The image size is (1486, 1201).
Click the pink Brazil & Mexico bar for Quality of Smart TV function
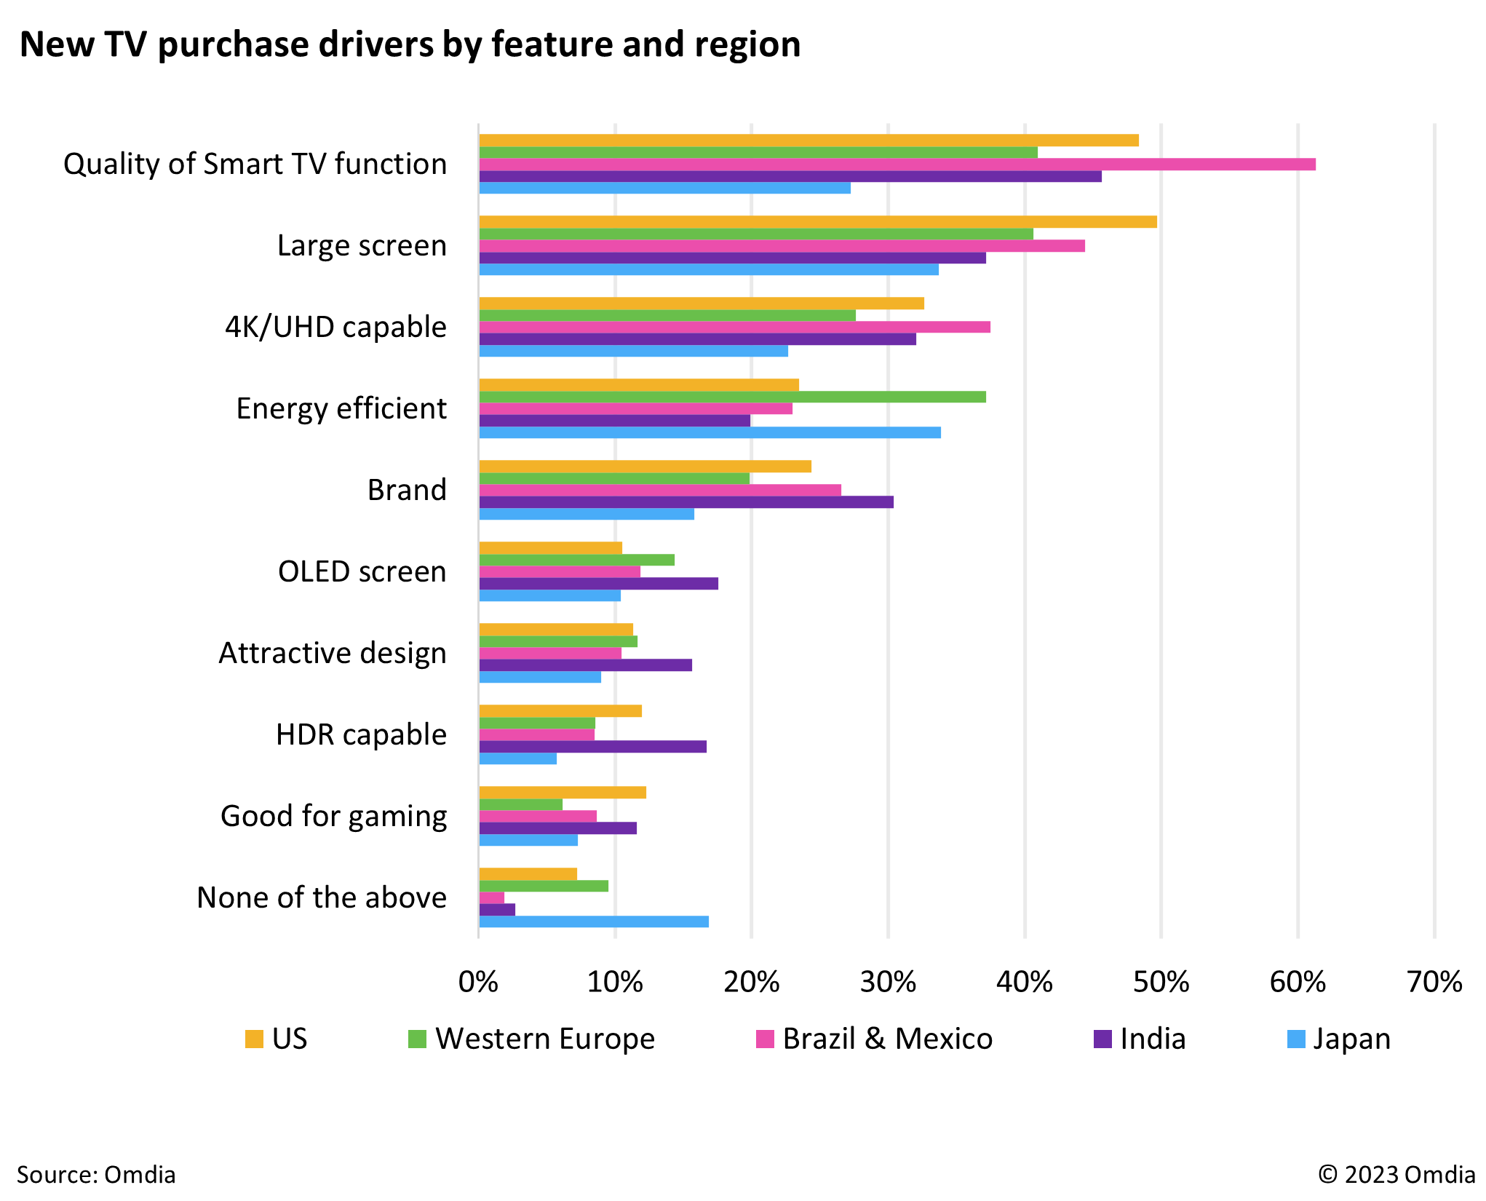pos(897,165)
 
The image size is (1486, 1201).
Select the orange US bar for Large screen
pos(818,222)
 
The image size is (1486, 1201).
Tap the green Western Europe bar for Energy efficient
pos(732,397)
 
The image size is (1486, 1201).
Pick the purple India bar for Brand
pos(686,502)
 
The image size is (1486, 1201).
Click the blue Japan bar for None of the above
pos(594,921)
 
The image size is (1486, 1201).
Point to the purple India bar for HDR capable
pos(592,747)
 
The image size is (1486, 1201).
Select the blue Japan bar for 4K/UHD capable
pos(633,351)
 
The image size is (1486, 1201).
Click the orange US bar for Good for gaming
pos(563,793)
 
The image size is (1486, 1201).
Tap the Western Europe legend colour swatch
pos(417,1039)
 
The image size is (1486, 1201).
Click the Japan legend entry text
pos(1351,1039)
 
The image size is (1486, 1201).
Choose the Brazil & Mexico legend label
pos(887,1039)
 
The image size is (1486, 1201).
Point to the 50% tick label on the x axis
pos(1161,983)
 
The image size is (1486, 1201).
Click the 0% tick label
pos(478,983)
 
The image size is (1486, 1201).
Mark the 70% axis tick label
pos(1434,983)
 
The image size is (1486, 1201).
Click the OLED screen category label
pos(362,572)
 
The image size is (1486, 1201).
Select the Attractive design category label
pos(333,654)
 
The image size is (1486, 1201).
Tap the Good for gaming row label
pos(333,817)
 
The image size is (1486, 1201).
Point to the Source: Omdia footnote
pos(96,1175)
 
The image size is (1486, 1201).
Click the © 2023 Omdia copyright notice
pos(1396,1175)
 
